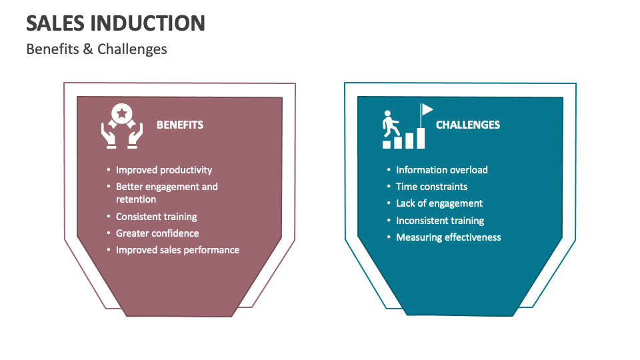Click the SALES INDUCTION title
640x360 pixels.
click(x=115, y=23)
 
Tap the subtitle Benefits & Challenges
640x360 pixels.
click(x=96, y=49)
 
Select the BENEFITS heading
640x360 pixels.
click(x=180, y=125)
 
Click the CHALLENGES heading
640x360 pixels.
click(x=468, y=125)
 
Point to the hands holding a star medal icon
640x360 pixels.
click(x=122, y=126)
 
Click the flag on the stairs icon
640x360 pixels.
click(x=427, y=109)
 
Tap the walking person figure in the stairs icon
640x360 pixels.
click(x=390, y=123)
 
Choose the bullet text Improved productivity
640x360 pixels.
click(x=164, y=170)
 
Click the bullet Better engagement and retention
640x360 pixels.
click(x=167, y=193)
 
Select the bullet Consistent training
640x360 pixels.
click(x=156, y=217)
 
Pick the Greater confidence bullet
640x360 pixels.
click(x=157, y=233)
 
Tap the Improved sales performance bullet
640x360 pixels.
click(x=177, y=250)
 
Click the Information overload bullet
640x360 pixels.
click(x=441, y=170)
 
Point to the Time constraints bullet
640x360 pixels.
click(x=431, y=187)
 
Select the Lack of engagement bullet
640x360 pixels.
click(x=439, y=204)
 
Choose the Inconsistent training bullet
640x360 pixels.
click(x=440, y=221)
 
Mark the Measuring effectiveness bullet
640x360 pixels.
click(x=448, y=237)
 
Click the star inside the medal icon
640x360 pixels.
click(x=121, y=113)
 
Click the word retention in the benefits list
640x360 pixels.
click(x=136, y=199)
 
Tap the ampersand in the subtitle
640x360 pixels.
click(x=88, y=49)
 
